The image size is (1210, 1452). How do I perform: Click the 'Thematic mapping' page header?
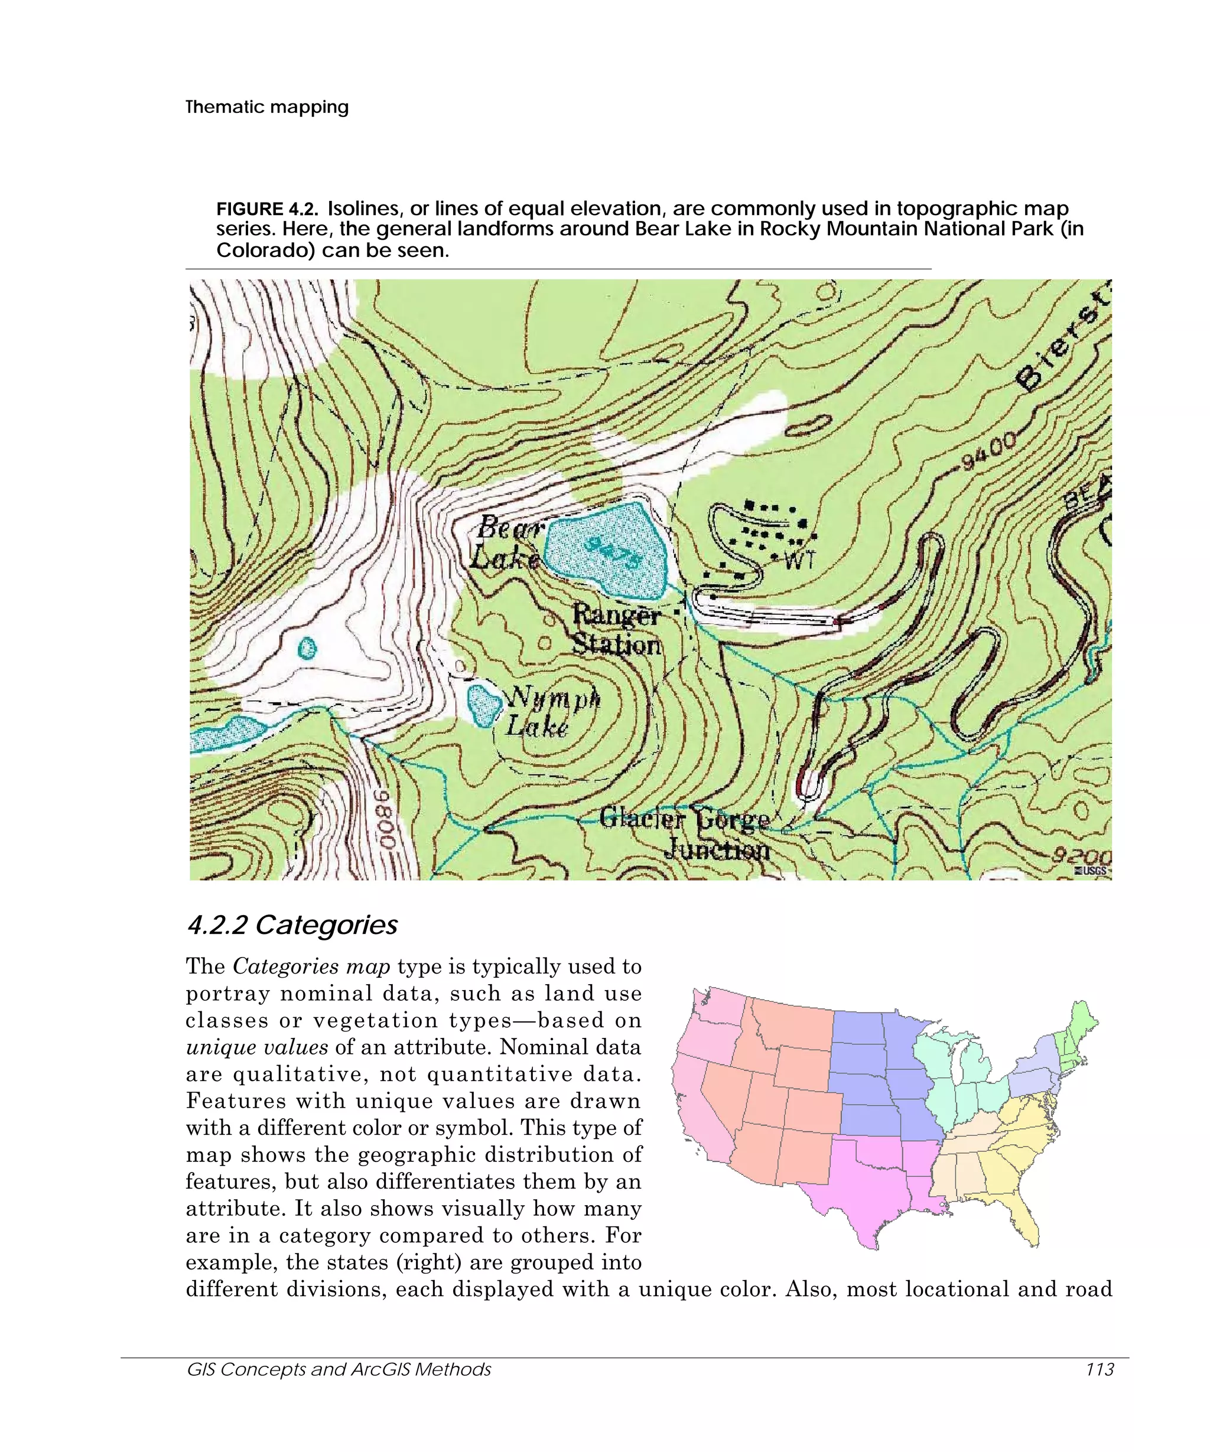[x=267, y=107]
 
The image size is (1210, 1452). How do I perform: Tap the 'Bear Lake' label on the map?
[x=507, y=542]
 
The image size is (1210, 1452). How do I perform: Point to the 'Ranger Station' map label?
[x=616, y=630]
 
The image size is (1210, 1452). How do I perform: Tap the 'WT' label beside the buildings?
[x=800, y=560]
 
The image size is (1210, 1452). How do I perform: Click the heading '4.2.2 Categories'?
[x=292, y=925]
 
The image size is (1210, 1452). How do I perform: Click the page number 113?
[x=1100, y=1369]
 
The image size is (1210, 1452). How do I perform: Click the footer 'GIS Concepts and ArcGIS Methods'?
[x=339, y=1369]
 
